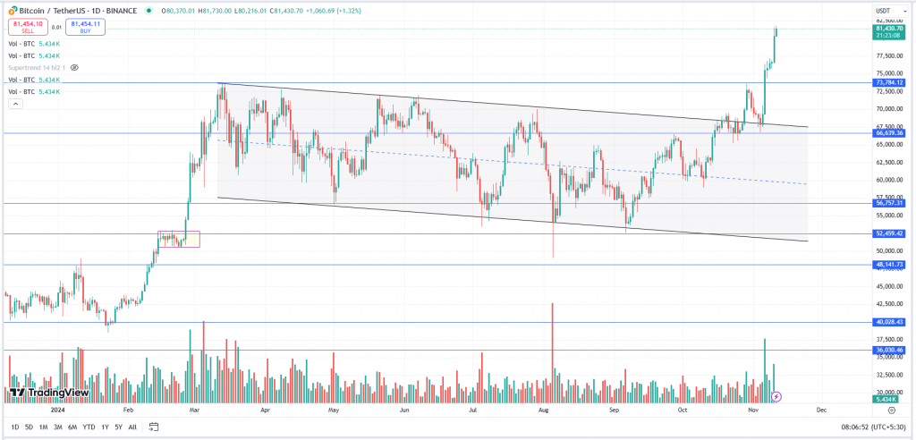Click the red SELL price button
(28, 27)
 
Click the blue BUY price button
(85, 27)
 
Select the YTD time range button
(89, 427)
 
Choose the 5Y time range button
(118, 427)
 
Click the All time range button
(132, 427)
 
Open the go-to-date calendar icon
(154, 427)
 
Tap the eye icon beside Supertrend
(75, 67)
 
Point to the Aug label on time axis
(543, 410)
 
